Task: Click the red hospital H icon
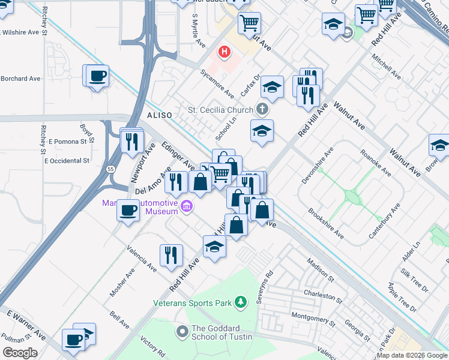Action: [x=225, y=53]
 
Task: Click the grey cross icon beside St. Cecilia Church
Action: [x=261, y=109]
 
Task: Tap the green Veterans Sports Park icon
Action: [x=241, y=302]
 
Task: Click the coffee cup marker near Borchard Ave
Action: [x=97, y=76]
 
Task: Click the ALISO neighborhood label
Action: [x=160, y=115]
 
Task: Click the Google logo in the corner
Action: [x=20, y=352]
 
